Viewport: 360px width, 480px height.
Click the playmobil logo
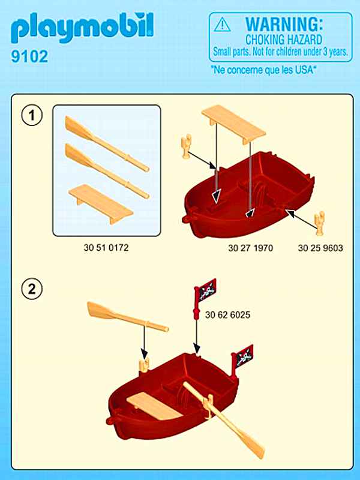82,28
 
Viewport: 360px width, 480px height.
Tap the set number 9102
29,56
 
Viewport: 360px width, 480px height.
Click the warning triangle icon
223,25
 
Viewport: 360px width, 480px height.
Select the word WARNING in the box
284,23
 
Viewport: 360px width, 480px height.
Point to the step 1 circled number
32,115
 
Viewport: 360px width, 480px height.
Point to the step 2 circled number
32,289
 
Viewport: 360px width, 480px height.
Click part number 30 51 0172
106,247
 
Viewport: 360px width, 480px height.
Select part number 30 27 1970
250,248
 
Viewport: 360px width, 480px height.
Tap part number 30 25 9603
320,248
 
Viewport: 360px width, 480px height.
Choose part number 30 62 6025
228,314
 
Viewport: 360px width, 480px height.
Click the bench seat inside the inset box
101,203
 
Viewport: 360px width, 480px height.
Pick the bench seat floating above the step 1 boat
233,124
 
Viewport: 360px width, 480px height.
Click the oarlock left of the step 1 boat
186,146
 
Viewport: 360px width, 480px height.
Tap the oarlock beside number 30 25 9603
320,223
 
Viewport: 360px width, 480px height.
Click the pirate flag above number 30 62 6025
205,298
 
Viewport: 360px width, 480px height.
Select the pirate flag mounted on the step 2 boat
242,361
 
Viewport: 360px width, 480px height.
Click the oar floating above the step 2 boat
128,317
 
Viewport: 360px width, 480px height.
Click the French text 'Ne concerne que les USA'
263,70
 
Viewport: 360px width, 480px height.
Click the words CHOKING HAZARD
284,40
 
